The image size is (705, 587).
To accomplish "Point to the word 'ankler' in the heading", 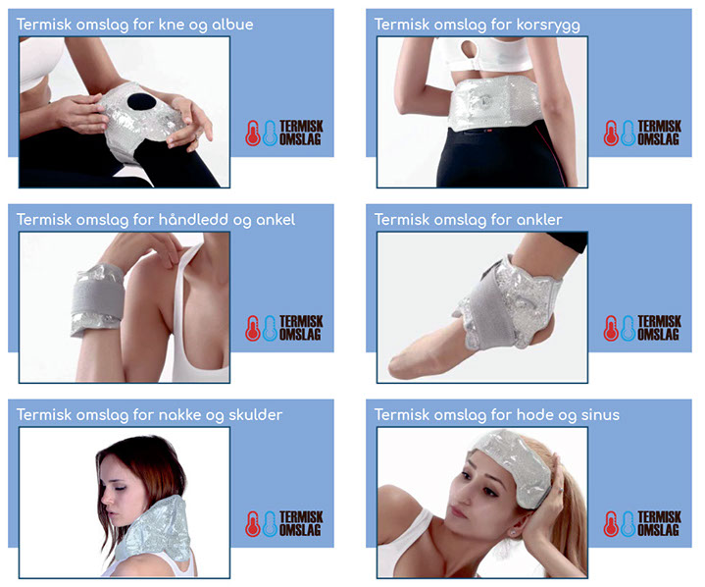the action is [x=539, y=220].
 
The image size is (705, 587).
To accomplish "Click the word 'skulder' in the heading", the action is [x=255, y=414].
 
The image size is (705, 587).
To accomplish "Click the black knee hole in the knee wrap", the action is [x=141, y=102].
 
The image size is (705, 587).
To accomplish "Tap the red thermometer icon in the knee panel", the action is [x=253, y=133].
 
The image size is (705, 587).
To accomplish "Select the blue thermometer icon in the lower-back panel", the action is [x=629, y=133].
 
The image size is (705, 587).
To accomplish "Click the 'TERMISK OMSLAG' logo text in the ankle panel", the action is [x=659, y=328].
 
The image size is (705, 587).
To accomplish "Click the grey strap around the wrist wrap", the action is [x=98, y=298].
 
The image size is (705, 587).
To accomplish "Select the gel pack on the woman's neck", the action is [x=155, y=530].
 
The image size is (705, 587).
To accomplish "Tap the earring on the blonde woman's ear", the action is [x=513, y=533].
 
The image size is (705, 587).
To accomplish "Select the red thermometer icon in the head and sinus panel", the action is [x=611, y=523].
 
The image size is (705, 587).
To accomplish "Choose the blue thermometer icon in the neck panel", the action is [x=270, y=523].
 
